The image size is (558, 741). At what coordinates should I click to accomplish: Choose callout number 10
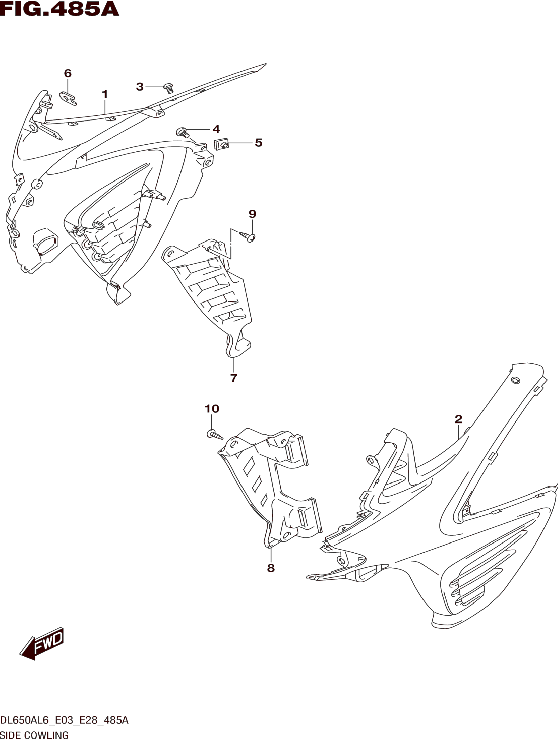click(212, 409)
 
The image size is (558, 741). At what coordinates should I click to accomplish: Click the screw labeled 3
click(169, 88)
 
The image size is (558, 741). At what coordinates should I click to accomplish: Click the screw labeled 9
click(249, 237)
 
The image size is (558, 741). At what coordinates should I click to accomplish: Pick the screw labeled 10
click(214, 434)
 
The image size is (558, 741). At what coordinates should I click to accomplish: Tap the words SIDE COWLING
click(34, 735)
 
